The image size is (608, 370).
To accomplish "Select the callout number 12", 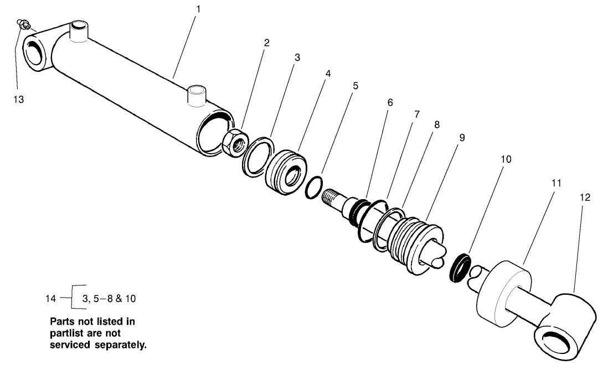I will coord(585,197).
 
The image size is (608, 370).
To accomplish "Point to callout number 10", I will coord(506,159).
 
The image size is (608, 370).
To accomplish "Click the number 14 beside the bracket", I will coord(51,299).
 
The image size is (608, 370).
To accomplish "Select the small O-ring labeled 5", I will coord(313,187).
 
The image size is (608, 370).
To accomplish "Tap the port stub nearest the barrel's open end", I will coord(197,95).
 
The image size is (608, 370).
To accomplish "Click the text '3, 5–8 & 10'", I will coord(109,299).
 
